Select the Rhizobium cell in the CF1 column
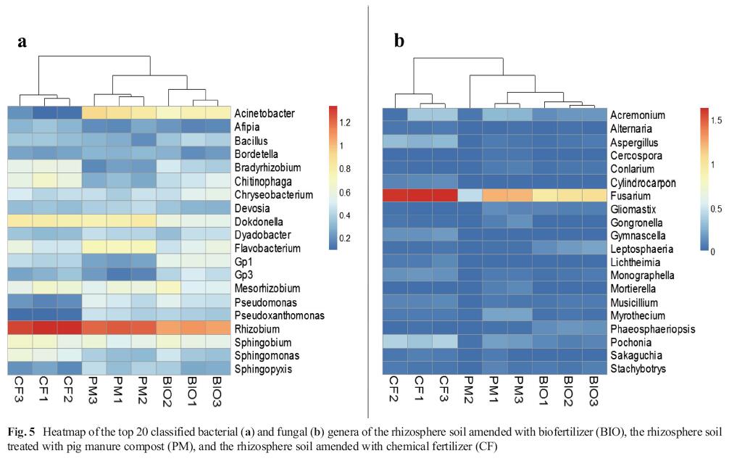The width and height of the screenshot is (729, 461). pos(50,328)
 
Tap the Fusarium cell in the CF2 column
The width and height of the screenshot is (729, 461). pos(396,195)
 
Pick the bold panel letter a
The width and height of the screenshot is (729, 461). pos(22,41)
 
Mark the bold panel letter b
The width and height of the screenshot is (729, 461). pos(399,41)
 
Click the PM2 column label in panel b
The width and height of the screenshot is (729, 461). pos(469,389)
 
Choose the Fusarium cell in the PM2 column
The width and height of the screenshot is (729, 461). pos(469,195)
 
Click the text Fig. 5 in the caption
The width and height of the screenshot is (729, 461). pos(18,432)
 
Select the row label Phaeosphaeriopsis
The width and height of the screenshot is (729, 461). pos(646,328)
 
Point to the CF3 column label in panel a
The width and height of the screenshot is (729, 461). pos(21,389)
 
